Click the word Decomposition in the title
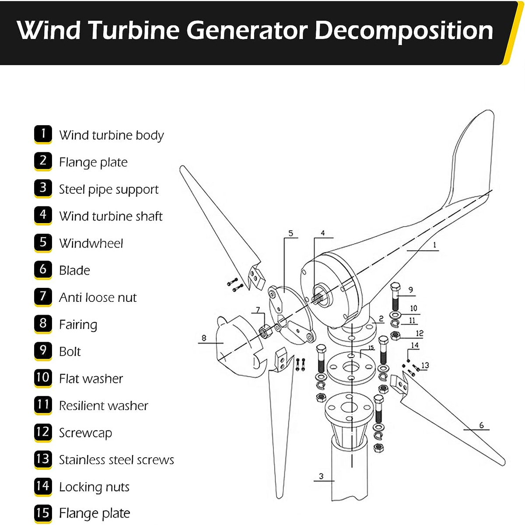coord(403,31)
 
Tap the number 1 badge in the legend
coord(43,134)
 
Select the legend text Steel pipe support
coord(108,189)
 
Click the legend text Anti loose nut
coord(98,297)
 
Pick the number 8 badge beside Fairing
coord(43,323)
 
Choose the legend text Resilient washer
coord(104,406)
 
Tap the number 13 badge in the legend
coord(43,458)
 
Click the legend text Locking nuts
coord(94,487)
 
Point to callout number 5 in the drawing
coord(290,234)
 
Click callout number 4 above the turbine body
coord(322,233)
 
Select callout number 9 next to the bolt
coord(410,290)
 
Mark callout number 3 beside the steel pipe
coord(322,476)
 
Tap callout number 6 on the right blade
coord(481,425)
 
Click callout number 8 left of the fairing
coord(204,338)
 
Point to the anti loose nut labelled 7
coord(265,332)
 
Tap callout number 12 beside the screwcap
coord(420,333)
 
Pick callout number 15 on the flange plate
coord(371,348)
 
